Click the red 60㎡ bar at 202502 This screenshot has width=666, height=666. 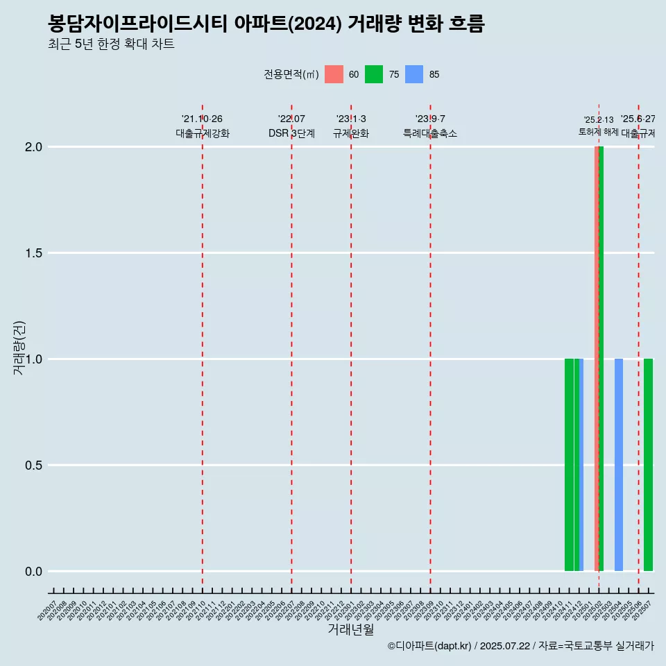(597, 359)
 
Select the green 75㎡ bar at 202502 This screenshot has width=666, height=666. (601, 359)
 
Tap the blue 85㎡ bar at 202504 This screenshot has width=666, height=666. (619, 465)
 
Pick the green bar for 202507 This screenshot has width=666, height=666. (648, 465)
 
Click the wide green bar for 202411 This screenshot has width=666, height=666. (569, 465)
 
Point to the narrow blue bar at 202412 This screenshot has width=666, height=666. (581, 465)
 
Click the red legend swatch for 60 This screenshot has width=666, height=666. (334, 74)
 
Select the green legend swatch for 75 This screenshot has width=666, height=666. (374, 74)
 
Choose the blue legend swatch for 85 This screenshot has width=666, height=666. (414, 74)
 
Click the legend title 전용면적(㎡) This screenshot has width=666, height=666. (291, 74)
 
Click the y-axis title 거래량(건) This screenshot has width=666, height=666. (19, 348)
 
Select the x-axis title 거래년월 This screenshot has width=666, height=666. (350, 630)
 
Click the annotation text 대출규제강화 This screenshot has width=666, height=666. (202, 133)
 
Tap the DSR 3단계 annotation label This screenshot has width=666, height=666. (291, 133)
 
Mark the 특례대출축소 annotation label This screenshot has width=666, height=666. (430, 133)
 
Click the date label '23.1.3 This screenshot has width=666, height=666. (351, 119)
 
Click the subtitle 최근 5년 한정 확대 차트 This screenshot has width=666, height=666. (111, 44)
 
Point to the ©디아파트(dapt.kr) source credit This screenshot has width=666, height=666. (429, 646)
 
